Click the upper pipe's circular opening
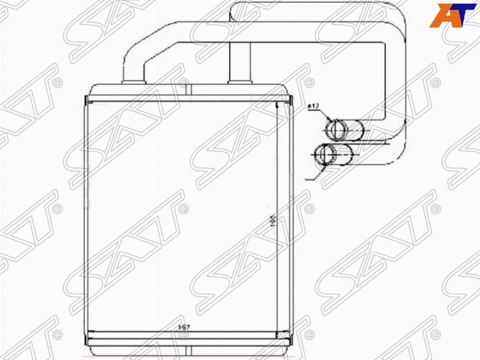pyautogui.click(x=336, y=129)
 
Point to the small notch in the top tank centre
pyautogui.click(x=187, y=91)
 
